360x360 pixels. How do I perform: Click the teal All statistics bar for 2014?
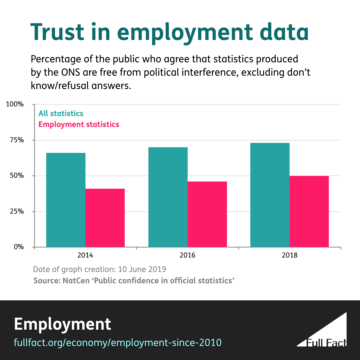click(x=66, y=200)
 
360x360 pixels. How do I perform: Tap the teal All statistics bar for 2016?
click(x=168, y=197)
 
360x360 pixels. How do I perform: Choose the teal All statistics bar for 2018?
click(x=270, y=195)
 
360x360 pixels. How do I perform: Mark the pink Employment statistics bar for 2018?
click(x=309, y=211)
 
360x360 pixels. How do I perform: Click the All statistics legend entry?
click(x=61, y=113)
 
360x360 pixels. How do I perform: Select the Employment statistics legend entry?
click(x=79, y=124)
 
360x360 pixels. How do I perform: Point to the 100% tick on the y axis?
click(x=15, y=104)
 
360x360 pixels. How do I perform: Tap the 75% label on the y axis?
click(x=16, y=140)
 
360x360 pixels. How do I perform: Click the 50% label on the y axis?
click(x=16, y=176)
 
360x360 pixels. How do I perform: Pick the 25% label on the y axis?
click(x=16, y=211)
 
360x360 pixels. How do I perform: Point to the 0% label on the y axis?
click(x=18, y=247)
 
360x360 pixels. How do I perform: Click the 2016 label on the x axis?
click(x=188, y=256)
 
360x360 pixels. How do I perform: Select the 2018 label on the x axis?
click(x=290, y=256)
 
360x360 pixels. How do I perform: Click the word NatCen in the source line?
click(x=76, y=280)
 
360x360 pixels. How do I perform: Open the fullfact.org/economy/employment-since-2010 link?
click(x=118, y=342)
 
